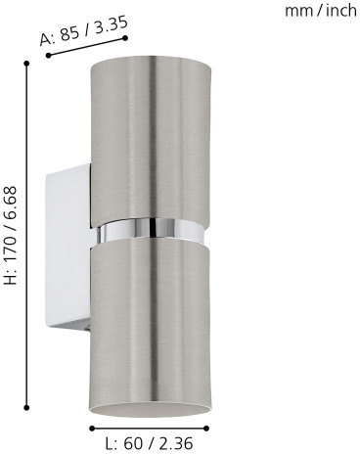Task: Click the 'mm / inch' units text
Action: [321, 11]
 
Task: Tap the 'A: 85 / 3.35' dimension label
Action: [83, 30]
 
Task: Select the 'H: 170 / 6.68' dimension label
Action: [10, 235]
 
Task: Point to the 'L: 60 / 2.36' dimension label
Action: [150, 443]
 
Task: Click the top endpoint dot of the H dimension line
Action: [26, 63]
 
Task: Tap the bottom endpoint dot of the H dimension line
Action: [26, 407]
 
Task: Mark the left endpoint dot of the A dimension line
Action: [48, 56]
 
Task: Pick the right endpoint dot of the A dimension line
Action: [125, 38]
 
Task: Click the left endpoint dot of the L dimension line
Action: [92, 429]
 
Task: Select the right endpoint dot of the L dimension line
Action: [206, 429]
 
